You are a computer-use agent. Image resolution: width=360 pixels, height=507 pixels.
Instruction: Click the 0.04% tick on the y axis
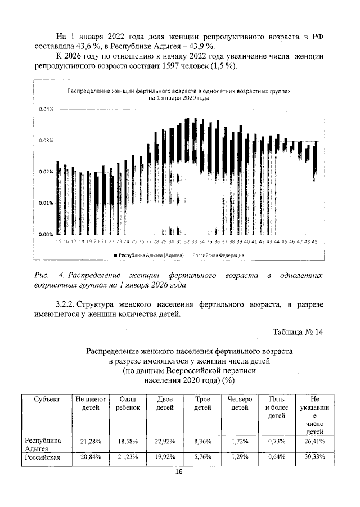(x=46, y=109)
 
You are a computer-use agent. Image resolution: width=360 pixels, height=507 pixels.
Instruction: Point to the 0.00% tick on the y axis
(x=46, y=234)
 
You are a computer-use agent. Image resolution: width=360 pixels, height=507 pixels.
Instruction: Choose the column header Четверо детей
(x=241, y=403)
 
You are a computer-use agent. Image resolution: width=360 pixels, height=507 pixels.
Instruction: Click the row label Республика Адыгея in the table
(x=40, y=445)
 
